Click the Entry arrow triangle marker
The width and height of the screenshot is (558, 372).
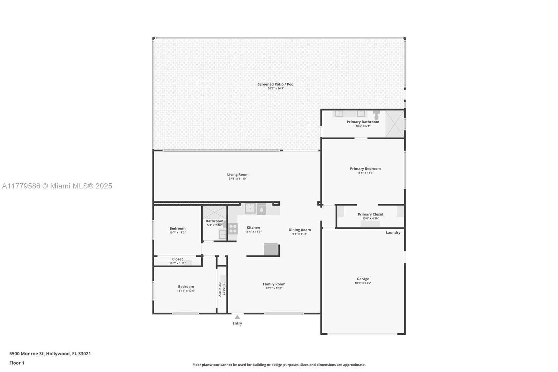pyautogui.click(x=237, y=317)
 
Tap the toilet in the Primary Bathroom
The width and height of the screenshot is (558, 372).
pyautogui.click(x=376, y=116)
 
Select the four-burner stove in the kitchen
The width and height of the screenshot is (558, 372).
pyautogui.click(x=233, y=229)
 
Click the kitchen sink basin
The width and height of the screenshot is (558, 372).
pyautogui.click(x=250, y=208)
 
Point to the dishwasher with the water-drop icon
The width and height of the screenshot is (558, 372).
pyautogui.click(x=261, y=209)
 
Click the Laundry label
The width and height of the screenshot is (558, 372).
pyautogui.click(x=393, y=232)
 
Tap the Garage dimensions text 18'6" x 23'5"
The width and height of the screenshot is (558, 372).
pyautogui.click(x=363, y=283)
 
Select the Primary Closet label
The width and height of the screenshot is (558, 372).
pyautogui.click(x=370, y=214)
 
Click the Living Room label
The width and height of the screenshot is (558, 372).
pyautogui.click(x=237, y=174)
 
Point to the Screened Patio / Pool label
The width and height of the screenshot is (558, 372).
pyautogui.click(x=276, y=84)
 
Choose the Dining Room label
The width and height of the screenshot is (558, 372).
pyautogui.click(x=300, y=230)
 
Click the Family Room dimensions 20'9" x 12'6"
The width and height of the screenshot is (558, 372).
pyautogui.click(x=274, y=288)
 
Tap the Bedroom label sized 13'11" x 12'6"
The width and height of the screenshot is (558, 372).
pyautogui.click(x=186, y=287)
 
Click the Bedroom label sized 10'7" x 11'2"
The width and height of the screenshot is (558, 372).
pyautogui.click(x=178, y=228)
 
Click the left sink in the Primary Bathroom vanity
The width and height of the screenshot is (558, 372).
pyautogui.click(x=339, y=113)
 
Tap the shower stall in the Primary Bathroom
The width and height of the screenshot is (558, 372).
pyautogui.click(x=394, y=124)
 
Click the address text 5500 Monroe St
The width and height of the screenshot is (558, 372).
pyautogui.click(x=27, y=354)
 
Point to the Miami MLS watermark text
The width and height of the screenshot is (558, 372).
pyautogui.click(x=57, y=186)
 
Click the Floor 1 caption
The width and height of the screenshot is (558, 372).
pyautogui.click(x=17, y=363)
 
